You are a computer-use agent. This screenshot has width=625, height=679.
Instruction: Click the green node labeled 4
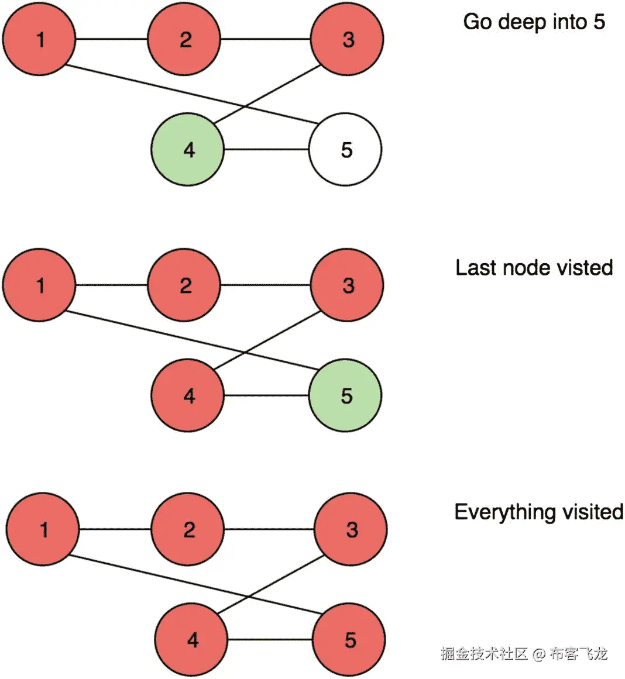click(x=188, y=150)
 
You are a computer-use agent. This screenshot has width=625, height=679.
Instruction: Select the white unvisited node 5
click(x=345, y=150)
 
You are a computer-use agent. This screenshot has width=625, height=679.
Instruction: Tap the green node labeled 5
click(x=345, y=396)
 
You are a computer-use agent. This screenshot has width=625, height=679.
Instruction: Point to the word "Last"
click(x=473, y=268)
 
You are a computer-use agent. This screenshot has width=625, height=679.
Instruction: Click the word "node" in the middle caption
click(x=524, y=268)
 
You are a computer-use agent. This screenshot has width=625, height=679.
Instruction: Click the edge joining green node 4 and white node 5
click(x=266, y=150)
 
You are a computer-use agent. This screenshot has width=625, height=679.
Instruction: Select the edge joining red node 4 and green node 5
click(x=266, y=396)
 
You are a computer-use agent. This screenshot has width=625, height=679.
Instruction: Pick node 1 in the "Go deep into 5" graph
click(x=40, y=39)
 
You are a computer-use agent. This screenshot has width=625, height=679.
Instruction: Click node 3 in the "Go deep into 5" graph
click(x=348, y=39)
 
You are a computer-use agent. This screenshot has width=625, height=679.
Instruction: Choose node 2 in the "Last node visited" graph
click(x=185, y=285)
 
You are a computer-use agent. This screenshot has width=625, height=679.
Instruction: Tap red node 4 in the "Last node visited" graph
click(x=188, y=396)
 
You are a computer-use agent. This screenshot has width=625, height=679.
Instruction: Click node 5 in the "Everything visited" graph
click(x=349, y=640)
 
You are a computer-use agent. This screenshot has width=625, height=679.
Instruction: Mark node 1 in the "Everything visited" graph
click(x=43, y=529)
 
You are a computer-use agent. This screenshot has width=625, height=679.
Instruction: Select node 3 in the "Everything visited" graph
click(x=351, y=529)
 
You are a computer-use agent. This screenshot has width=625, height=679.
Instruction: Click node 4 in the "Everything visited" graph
click(x=191, y=640)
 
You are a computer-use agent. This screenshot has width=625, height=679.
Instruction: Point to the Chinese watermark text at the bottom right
click(x=524, y=653)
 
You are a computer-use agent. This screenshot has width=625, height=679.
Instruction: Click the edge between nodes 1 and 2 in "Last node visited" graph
click(x=112, y=285)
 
